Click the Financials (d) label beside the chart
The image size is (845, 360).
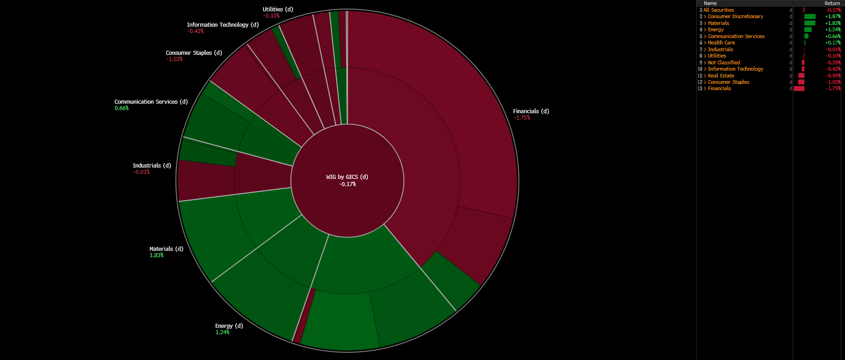(x=531, y=111)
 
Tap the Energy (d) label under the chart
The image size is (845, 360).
(x=229, y=326)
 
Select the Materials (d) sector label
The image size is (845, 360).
(x=166, y=249)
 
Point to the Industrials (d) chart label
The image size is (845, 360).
(x=152, y=166)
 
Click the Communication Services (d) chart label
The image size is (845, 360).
(x=151, y=102)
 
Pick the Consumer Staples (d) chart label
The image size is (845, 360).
(x=194, y=53)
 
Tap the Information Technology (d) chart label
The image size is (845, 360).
(x=223, y=25)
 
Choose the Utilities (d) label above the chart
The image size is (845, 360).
(x=278, y=10)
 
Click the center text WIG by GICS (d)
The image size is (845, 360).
(x=347, y=177)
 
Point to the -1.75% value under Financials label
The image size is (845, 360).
(x=521, y=118)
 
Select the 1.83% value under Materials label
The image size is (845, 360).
(x=157, y=255)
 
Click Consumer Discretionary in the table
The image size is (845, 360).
(x=735, y=16)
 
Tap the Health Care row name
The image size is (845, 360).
(x=721, y=43)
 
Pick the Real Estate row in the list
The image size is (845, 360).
(x=721, y=76)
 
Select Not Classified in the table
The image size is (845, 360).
(x=724, y=62)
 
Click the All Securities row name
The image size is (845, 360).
(x=719, y=10)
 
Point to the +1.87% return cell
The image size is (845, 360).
(x=832, y=16)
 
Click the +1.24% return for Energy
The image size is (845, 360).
(x=832, y=29)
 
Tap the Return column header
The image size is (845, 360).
(x=832, y=3)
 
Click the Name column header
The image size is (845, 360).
(x=710, y=3)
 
